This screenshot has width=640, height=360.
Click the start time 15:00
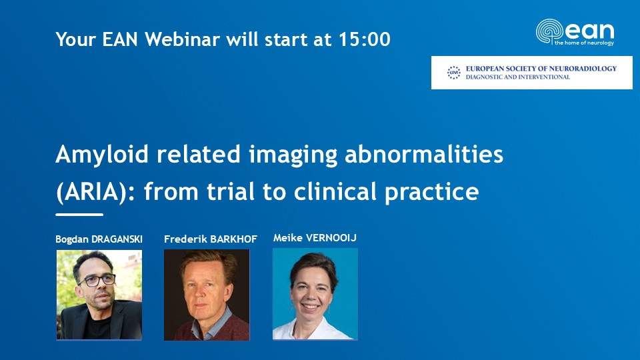point(364,39)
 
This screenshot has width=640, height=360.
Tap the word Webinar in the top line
point(183,39)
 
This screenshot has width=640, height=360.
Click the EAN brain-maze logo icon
point(549,31)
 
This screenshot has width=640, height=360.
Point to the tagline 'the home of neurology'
point(584,43)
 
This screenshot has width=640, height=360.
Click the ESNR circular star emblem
point(453,73)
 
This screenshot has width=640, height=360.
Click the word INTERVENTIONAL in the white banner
point(545,77)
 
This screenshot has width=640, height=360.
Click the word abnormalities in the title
point(424,154)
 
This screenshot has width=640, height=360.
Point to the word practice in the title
point(431,193)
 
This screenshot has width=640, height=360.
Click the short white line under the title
point(79,214)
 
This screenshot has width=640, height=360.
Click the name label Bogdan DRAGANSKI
point(99,239)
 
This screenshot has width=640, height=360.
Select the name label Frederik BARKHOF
point(211,239)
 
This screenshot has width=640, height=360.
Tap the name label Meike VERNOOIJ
point(315,237)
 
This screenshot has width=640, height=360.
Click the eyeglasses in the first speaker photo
point(98,281)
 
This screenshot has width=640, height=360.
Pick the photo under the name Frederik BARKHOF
point(207,295)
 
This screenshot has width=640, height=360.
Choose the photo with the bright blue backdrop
point(315,294)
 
